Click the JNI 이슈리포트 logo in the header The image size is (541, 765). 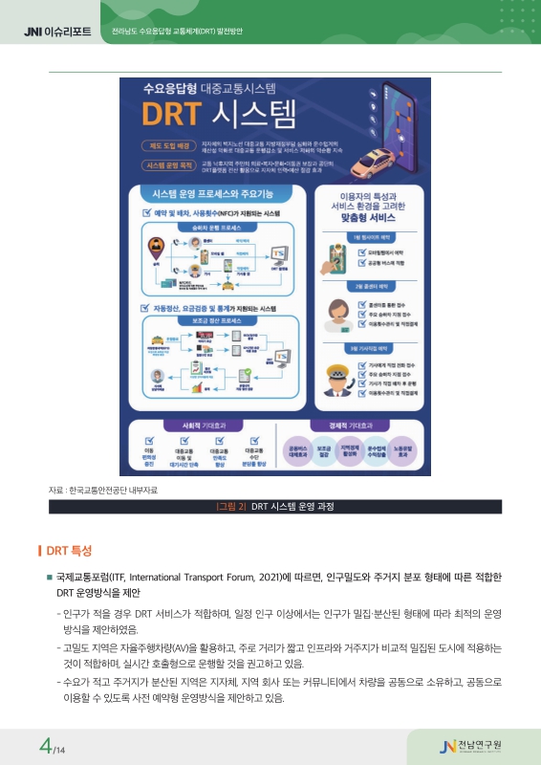[57, 33]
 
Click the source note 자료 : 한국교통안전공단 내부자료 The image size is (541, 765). [103, 491]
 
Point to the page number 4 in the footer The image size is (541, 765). [45, 745]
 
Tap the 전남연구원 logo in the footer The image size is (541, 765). [476, 745]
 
